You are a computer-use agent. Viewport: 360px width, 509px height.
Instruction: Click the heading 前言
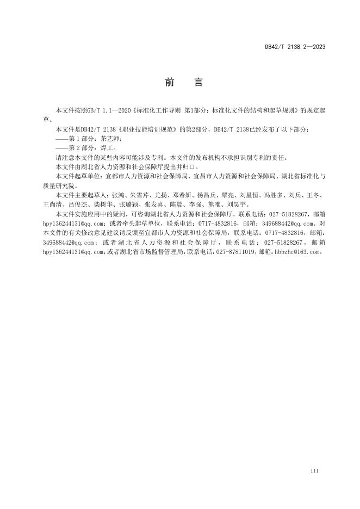[x=183, y=83]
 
